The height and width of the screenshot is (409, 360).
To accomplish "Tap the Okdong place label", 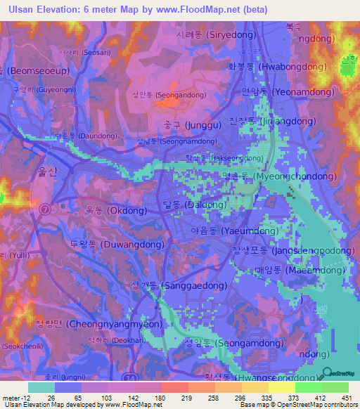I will (x=117, y=210).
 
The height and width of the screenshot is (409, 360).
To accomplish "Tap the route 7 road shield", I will (x=45, y=209).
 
